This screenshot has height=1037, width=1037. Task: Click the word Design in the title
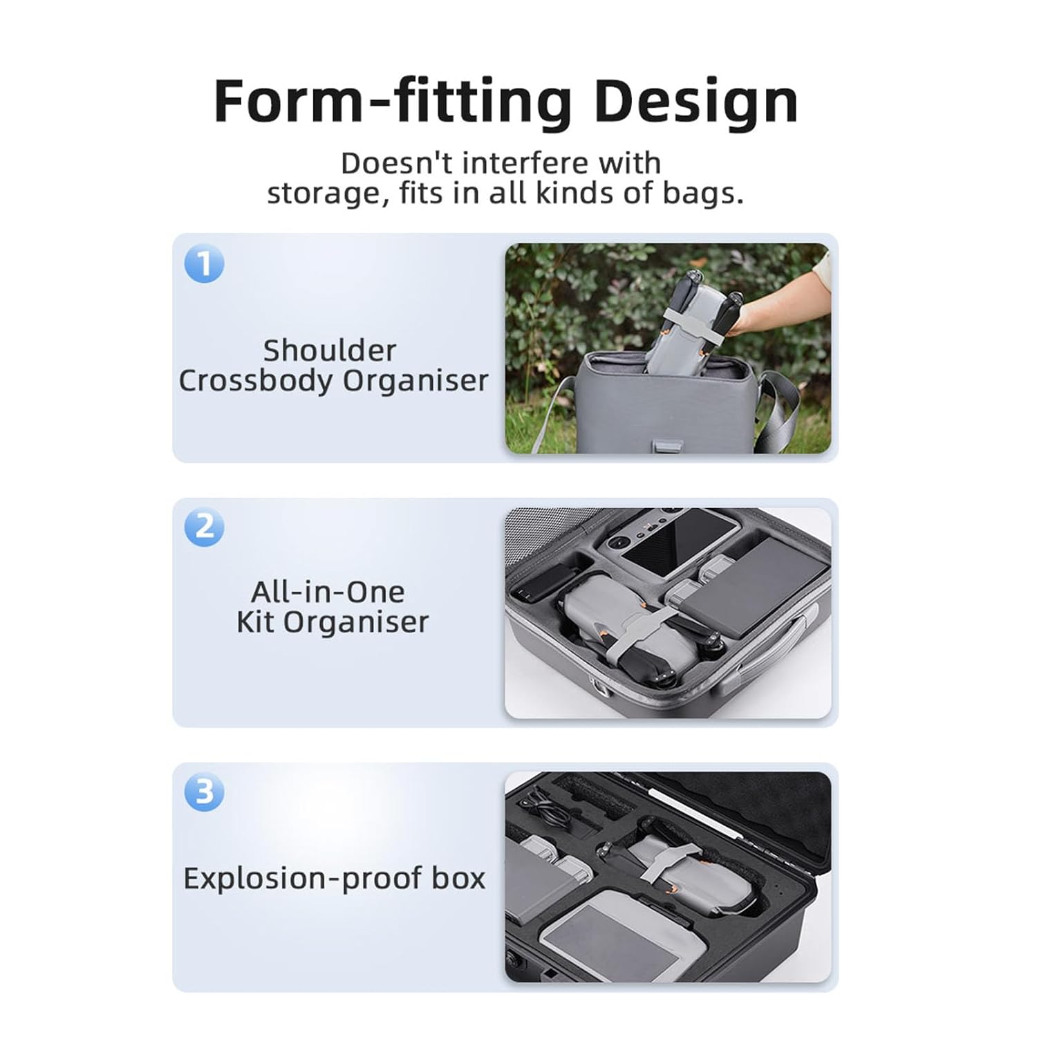[x=695, y=102]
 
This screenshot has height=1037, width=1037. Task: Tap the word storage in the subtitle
[x=324, y=194]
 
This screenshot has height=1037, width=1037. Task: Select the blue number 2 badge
[x=205, y=527]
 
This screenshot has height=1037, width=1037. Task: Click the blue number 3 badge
[x=205, y=792]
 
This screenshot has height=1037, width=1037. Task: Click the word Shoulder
[x=330, y=351]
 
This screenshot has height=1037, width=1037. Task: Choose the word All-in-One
[x=328, y=592]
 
